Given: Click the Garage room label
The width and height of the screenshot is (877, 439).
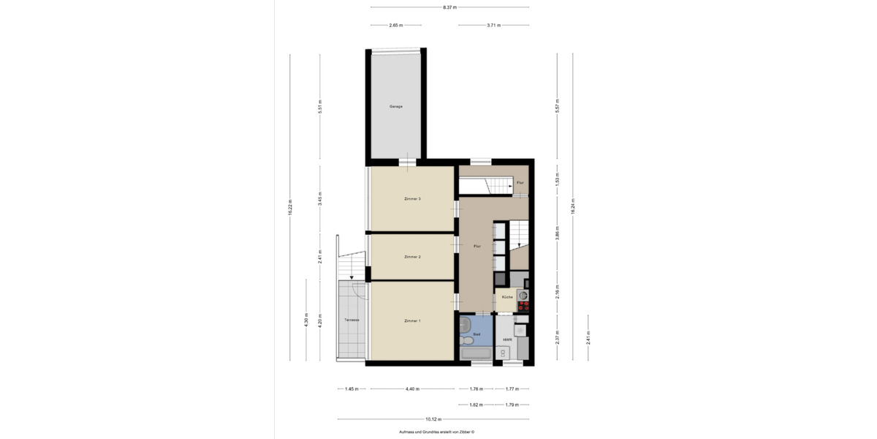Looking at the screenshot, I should click(x=395, y=107).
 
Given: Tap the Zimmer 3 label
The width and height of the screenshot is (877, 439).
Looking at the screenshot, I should click(x=412, y=198).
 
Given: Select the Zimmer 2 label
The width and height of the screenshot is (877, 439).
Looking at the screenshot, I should click(x=412, y=257).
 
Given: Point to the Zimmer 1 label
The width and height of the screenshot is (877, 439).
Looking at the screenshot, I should click(x=412, y=320).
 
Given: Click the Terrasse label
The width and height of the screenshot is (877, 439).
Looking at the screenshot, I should click(x=352, y=320).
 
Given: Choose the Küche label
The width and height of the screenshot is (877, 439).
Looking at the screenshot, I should click(x=506, y=297).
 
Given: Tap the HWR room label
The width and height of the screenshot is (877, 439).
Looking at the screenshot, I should click(x=506, y=340).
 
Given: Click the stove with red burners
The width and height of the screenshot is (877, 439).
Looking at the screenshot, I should click(x=523, y=307).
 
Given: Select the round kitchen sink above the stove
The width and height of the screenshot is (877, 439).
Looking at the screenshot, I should click(x=523, y=295).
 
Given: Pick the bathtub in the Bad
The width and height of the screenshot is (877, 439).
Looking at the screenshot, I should click(x=476, y=354).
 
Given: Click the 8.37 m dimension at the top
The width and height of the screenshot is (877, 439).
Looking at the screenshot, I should click(x=449, y=7).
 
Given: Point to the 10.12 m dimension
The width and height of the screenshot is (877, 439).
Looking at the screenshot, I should click(x=433, y=419).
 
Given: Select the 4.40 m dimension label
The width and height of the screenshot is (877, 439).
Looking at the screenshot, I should click(x=412, y=389).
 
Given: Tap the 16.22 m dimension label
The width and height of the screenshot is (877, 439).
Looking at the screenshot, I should click(x=290, y=207).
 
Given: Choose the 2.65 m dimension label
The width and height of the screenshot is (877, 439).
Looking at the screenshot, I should click(x=395, y=25).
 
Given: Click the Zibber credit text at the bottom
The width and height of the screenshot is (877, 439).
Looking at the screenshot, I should click(x=436, y=432).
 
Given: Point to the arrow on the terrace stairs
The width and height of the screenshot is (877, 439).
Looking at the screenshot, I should click(x=352, y=277).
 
